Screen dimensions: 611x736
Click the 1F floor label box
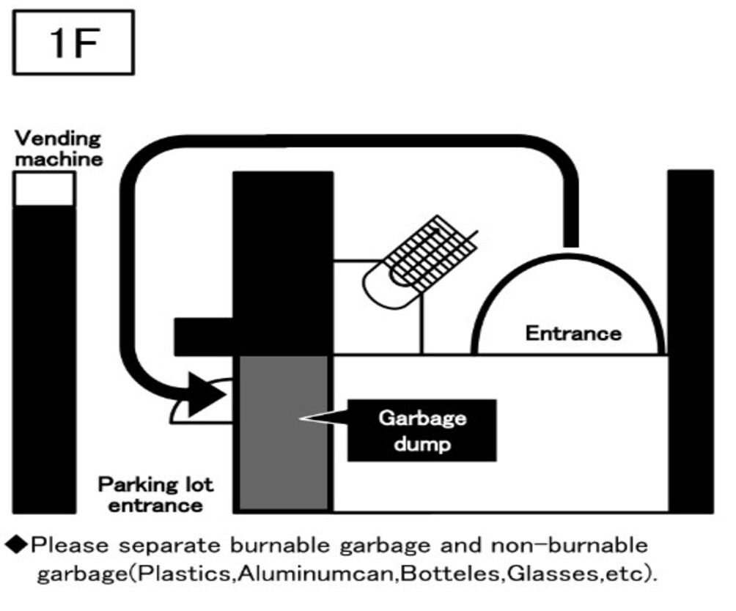(73, 42)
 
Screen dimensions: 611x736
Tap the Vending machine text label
(58, 147)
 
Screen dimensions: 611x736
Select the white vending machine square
(44, 189)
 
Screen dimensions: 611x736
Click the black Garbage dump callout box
(421, 430)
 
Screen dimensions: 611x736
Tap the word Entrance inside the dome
(573, 333)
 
